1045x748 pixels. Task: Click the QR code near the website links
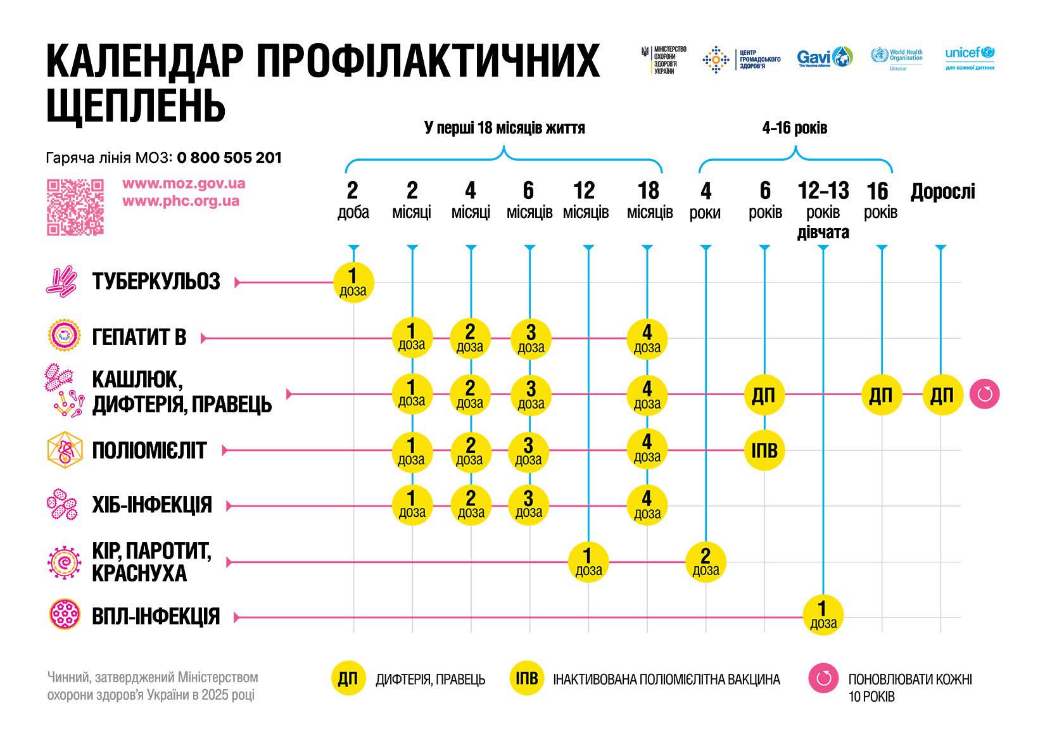[75, 206]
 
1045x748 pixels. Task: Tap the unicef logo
[970, 58]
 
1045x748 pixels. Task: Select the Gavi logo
[825, 58]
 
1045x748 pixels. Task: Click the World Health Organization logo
[897, 58]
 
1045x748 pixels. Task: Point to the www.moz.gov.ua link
[184, 184]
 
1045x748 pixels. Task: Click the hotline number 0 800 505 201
[229, 158]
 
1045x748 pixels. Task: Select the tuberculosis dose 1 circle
[353, 282]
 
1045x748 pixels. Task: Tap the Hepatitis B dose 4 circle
[647, 338]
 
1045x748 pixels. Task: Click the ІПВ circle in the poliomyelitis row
[764, 450]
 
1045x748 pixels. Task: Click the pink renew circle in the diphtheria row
[984, 395]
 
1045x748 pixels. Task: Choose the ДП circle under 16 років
[881, 395]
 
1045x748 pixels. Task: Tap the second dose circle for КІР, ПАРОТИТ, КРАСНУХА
[706, 562]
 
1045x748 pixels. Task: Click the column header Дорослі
[942, 191]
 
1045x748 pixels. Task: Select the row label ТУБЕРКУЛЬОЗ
[156, 281]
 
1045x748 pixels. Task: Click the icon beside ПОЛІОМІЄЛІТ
[65, 450]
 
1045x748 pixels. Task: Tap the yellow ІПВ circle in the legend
[527, 678]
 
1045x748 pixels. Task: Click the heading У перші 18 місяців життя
[504, 128]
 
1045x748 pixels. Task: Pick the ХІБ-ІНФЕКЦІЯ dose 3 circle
[529, 505]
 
